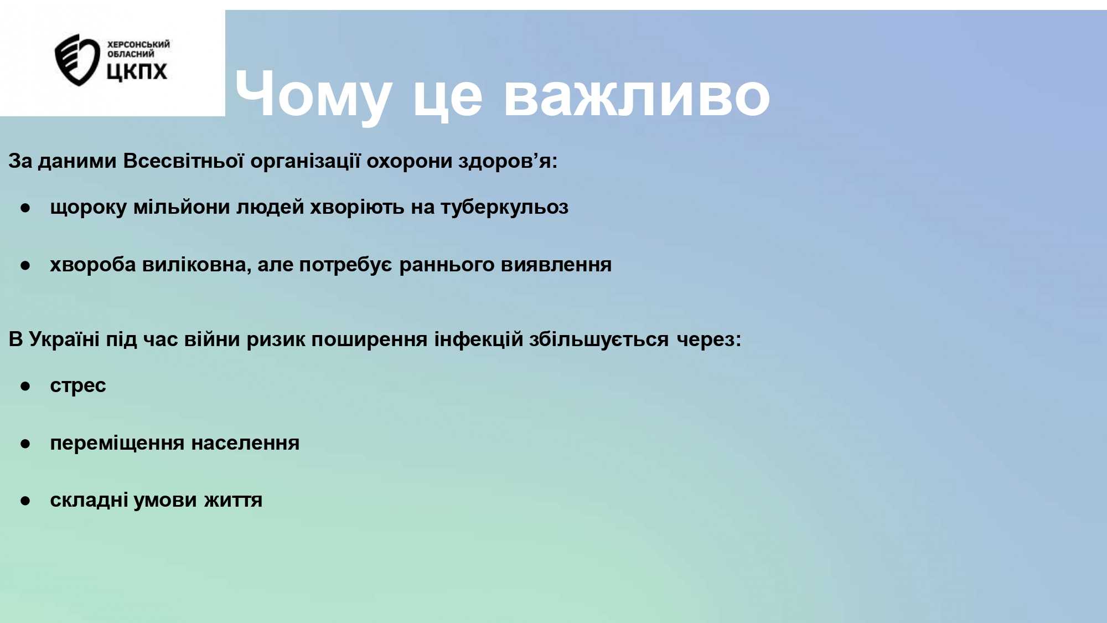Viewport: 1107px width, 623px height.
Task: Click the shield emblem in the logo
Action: tap(76, 60)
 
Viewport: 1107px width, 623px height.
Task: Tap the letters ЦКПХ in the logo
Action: tap(137, 71)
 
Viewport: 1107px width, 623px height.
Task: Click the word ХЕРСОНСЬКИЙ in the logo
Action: tap(138, 44)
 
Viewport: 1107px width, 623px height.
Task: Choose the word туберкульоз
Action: tap(504, 207)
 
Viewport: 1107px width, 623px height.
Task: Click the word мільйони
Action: tap(182, 207)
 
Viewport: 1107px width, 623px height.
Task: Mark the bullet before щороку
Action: tap(25, 208)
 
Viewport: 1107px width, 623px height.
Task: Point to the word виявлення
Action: tap(556, 264)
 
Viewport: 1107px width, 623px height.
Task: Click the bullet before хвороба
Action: tap(25, 266)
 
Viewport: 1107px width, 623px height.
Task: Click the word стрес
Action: tap(78, 385)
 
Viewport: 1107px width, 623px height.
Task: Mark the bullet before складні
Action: tap(25, 501)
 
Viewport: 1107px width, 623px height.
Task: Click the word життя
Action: tap(233, 500)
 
